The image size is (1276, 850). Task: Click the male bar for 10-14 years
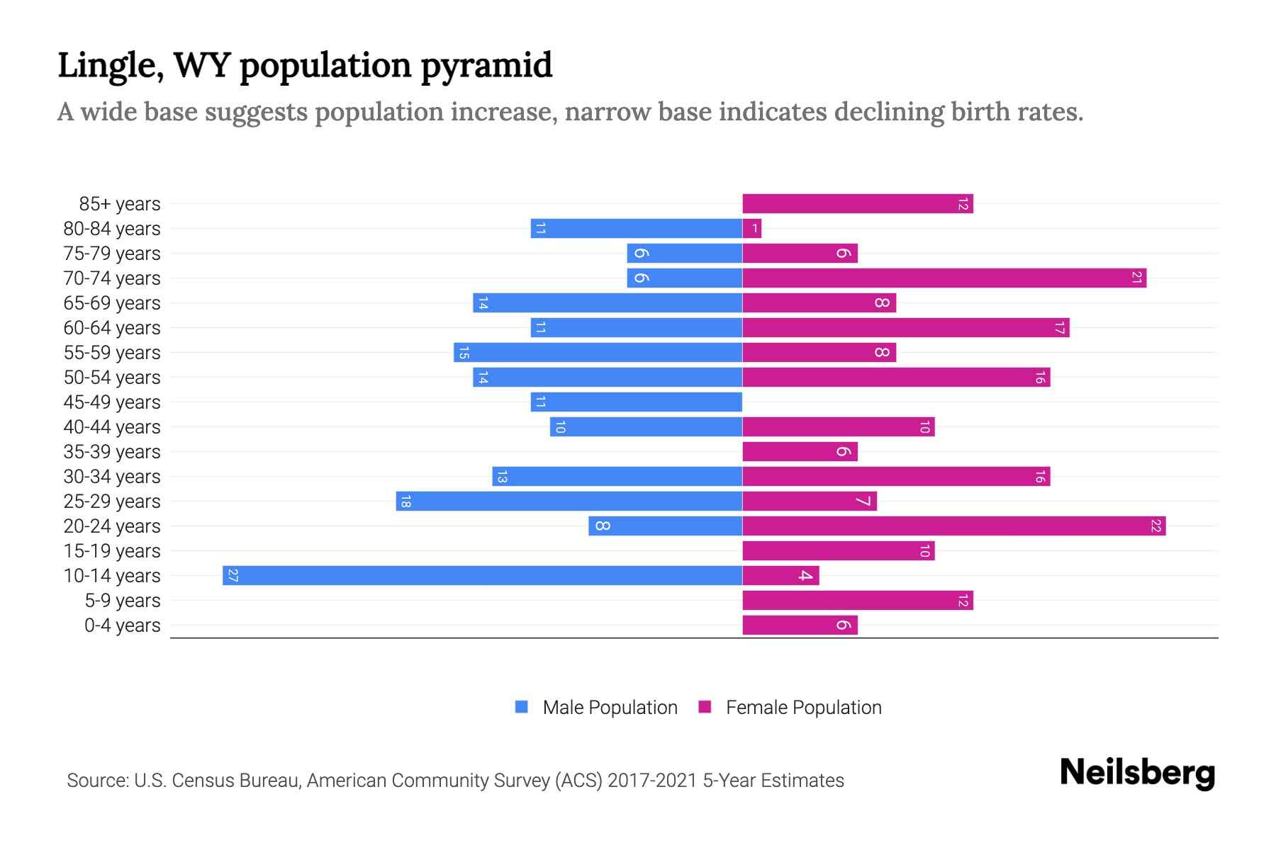click(482, 575)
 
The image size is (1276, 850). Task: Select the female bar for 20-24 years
click(953, 526)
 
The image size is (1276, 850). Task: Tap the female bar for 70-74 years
click(944, 278)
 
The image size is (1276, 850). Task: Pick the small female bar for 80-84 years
click(751, 228)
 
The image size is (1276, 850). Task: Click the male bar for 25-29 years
click(569, 501)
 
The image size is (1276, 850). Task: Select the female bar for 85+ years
click(857, 203)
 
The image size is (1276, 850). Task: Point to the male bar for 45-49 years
click(636, 402)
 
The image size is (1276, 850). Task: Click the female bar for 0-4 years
click(800, 625)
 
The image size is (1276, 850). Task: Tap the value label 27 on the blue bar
click(233, 575)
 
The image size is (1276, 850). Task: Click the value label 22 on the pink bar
click(1155, 526)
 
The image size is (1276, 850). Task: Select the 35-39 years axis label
click(112, 451)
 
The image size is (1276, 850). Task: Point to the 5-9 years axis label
click(122, 600)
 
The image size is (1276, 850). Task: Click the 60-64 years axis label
click(112, 327)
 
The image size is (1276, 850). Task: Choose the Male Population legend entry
click(610, 707)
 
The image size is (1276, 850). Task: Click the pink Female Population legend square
click(705, 707)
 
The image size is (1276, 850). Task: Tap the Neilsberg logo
click(1137, 773)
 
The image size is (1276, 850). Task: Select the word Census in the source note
click(203, 780)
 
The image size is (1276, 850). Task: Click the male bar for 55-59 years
click(598, 352)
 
